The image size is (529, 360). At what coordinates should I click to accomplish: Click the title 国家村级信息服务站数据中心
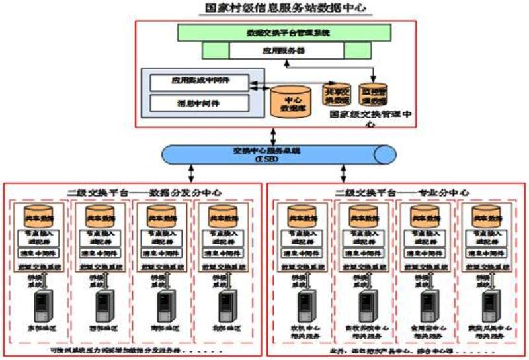[x=276, y=9]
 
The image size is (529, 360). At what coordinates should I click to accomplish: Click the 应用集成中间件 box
[x=199, y=83]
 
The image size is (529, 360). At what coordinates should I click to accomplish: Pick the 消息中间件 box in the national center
[x=199, y=103]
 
